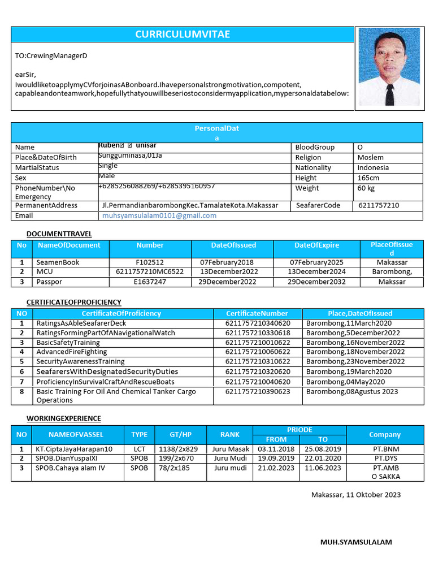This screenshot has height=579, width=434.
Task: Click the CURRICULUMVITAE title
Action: click(x=183, y=34)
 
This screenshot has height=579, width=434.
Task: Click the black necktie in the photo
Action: click(x=389, y=93)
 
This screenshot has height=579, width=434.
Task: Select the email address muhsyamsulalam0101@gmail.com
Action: click(x=159, y=215)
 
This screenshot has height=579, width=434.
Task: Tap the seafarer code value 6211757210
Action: click(x=379, y=205)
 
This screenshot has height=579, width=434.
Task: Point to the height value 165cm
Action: click(x=369, y=178)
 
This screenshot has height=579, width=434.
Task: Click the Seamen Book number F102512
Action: click(x=150, y=262)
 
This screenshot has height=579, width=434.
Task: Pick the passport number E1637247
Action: click(x=150, y=282)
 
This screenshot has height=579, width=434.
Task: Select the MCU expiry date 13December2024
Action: click(x=316, y=272)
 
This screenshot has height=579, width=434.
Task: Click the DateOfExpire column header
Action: click(x=316, y=245)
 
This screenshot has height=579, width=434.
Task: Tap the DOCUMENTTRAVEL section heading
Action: click(x=59, y=234)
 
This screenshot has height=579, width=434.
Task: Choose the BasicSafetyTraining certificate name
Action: click(x=68, y=343)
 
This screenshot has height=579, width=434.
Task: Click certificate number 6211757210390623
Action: click(x=258, y=391)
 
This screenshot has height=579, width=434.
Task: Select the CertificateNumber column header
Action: click(x=257, y=313)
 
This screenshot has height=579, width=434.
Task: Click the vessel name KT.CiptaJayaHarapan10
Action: click(x=75, y=449)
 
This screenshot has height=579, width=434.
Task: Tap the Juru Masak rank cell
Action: click(x=231, y=449)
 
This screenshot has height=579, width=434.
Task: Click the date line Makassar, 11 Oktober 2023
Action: click(x=356, y=495)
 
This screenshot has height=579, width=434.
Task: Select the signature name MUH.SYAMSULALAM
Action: click(x=356, y=542)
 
